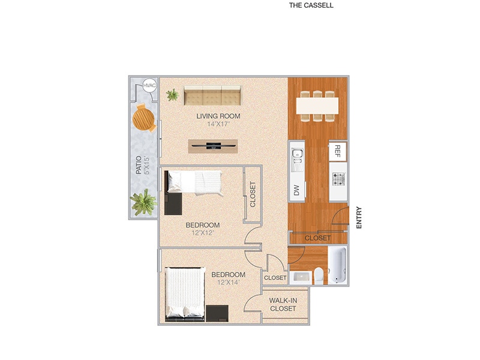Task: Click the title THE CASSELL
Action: [311, 5]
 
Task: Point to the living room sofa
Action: [212, 95]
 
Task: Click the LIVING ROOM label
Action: [218, 116]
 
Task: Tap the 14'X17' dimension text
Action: [218, 124]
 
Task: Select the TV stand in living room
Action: [212, 145]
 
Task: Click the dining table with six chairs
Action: [317, 106]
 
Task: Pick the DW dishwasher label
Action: [296, 190]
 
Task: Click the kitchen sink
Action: [296, 158]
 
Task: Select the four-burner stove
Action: [338, 178]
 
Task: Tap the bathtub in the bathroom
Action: [337, 266]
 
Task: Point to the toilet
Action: [319, 275]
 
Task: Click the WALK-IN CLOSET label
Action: [283, 304]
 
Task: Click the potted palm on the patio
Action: [143, 202]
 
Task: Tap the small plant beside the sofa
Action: [173, 94]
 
